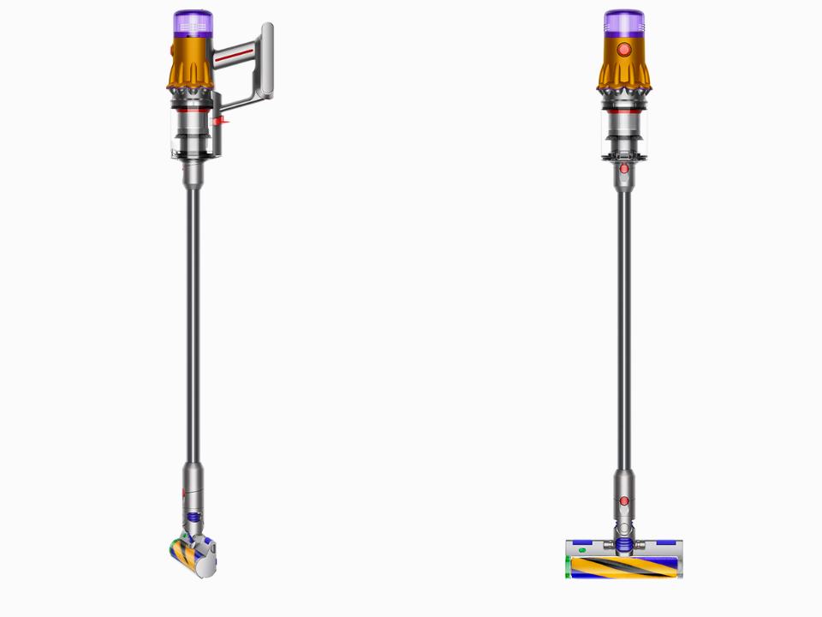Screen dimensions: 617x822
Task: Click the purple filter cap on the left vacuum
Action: pos(194,22)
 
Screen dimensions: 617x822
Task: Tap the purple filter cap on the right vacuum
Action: pos(624,22)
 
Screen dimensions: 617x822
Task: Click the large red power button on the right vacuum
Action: pos(624,51)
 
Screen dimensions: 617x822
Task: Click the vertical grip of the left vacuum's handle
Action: pos(267,64)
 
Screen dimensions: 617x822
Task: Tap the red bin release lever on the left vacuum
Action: pos(221,123)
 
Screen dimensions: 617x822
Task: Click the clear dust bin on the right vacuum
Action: pos(624,133)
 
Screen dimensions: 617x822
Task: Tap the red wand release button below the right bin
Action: pos(624,169)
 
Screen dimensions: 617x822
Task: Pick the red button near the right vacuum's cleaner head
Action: pos(624,500)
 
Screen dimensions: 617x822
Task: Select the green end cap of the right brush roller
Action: pos(569,566)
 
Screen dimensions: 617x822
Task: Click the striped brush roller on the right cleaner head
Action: pos(624,566)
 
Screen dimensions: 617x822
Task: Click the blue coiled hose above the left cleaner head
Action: pos(194,518)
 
